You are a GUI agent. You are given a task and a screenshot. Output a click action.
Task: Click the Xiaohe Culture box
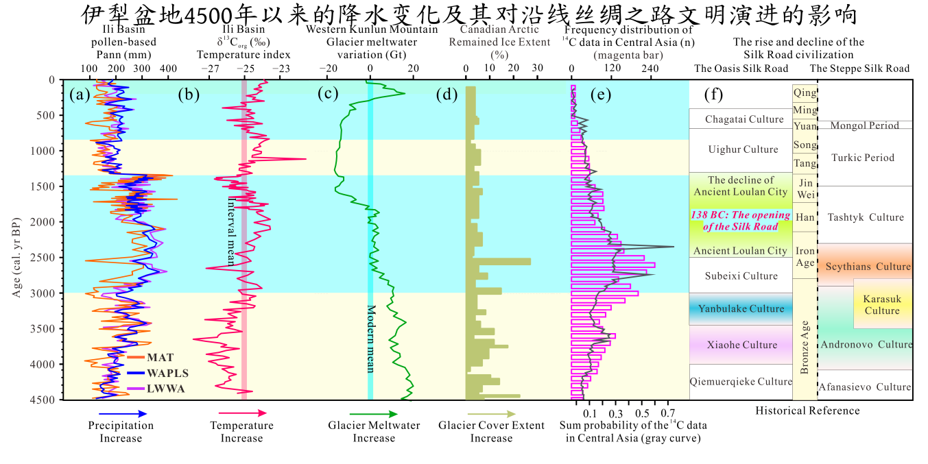(741, 345)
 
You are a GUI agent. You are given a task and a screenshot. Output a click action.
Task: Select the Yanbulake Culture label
(741, 308)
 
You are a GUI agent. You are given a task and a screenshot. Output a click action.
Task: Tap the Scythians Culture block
(868, 266)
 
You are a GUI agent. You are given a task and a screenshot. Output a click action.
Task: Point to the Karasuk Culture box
(882, 305)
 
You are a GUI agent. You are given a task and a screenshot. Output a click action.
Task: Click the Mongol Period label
(864, 125)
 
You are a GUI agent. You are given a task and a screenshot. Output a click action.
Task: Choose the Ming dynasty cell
(805, 110)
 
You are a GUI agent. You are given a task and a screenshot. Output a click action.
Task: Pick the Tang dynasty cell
(805, 163)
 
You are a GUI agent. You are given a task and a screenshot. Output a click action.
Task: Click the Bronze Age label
(805, 347)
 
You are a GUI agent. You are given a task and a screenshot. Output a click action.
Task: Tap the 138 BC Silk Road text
(741, 221)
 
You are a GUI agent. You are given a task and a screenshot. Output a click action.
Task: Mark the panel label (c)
(329, 95)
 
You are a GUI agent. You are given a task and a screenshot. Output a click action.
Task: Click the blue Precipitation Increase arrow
(123, 414)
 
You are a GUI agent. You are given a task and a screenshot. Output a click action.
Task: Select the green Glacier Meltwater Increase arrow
(373, 414)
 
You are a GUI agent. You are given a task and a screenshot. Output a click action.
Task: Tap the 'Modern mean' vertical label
(370, 339)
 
